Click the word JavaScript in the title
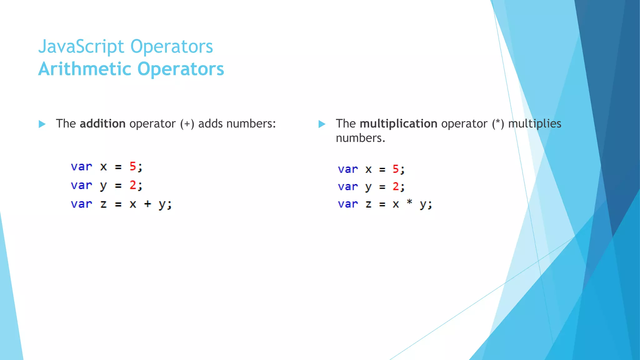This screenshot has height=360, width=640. (81, 47)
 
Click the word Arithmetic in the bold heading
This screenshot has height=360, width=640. (85, 69)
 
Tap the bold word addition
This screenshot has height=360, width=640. (102, 124)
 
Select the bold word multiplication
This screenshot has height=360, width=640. (398, 124)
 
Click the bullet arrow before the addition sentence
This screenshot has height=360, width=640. (42, 124)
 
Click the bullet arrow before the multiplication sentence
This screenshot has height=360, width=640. (322, 124)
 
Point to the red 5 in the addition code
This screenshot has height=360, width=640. (133, 166)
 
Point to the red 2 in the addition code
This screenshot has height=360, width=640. (133, 185)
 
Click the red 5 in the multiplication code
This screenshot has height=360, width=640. (396, 169)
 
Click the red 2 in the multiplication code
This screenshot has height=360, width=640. (396, 187)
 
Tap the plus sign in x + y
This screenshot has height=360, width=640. (147, 204)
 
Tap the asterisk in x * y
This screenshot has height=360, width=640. (409, 202)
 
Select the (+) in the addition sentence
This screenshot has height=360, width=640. (187, 124)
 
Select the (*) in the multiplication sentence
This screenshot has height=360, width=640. (498, 124)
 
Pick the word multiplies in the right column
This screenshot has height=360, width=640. (535, 124)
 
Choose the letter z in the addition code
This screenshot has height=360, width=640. (103, 204)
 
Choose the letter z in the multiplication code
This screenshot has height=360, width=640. (368, 204)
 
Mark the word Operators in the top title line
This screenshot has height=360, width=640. (172, 47)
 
